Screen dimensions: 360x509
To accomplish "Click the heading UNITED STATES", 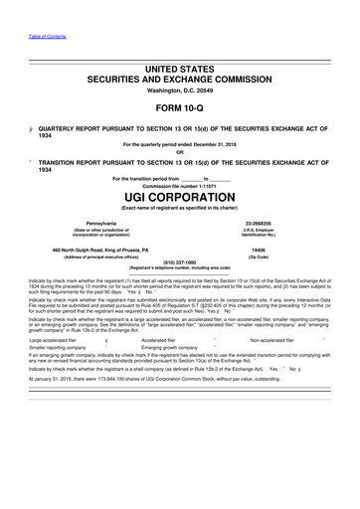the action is click(179, 68).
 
